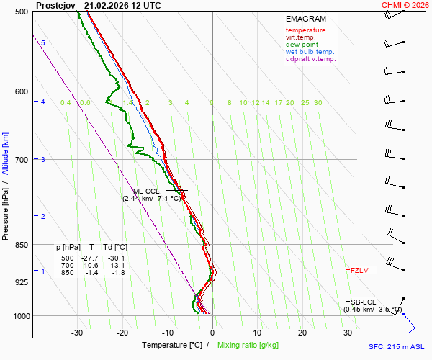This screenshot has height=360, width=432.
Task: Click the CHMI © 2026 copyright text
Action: [x=405, y=5]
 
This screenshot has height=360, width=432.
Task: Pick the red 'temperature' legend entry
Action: [x=305, y=30]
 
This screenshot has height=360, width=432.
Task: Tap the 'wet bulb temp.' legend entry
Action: [x=310, y=52]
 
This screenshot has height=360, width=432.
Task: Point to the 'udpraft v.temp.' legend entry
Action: [x=310, y=59]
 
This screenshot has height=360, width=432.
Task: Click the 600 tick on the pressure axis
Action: [x=20, y=91]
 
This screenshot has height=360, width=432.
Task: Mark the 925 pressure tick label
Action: [x=20, y=282]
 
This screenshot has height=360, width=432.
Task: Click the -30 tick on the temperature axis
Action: [x=77, y=333]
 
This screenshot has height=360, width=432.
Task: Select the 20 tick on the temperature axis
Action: [x=302, y=333]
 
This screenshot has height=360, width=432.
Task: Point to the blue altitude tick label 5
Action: [x=43, y=43]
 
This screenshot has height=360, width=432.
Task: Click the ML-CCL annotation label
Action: [x=147, y=191]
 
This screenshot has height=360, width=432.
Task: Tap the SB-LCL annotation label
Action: [x=363, y=302]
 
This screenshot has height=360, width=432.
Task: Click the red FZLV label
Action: [x=359, y=271]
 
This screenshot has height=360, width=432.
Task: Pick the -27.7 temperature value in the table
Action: [x=90, y=258]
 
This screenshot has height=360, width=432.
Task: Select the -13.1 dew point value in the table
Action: [x=116, y=265]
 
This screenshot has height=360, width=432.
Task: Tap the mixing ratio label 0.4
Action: [x=66, y=103]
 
